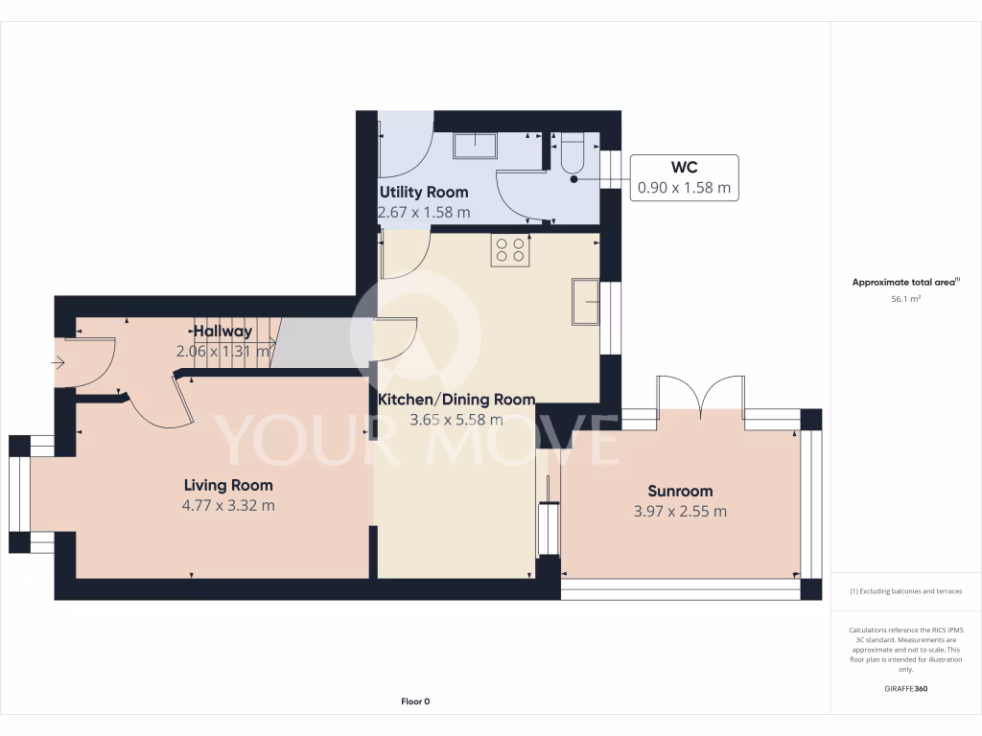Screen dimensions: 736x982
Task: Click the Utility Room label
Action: [424, 192]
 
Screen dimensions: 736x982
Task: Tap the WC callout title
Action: [684, 168]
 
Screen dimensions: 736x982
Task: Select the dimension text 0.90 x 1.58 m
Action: [684, 188]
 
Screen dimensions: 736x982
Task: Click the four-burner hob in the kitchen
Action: [510, 250]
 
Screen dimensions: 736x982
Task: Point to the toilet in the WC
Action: [572, 154]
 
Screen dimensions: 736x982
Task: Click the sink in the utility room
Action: [475, 146]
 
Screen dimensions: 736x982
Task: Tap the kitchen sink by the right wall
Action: [585, 302]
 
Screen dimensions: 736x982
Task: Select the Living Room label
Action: [228, 485]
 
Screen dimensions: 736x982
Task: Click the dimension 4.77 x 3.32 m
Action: [228, 505]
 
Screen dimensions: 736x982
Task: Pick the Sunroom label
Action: [680, 491]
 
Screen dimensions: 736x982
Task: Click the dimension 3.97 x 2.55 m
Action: [680, 511]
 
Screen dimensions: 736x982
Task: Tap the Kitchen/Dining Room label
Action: [456, 399]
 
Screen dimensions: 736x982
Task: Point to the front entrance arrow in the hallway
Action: [58, 363]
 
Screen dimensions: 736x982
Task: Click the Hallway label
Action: [222, 332]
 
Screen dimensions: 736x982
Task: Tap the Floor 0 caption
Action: [415, 701]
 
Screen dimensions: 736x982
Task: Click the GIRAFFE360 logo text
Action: [905, 689]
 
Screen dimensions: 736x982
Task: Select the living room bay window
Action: [21, 494]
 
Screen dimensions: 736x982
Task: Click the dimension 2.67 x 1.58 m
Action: [425, 212]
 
